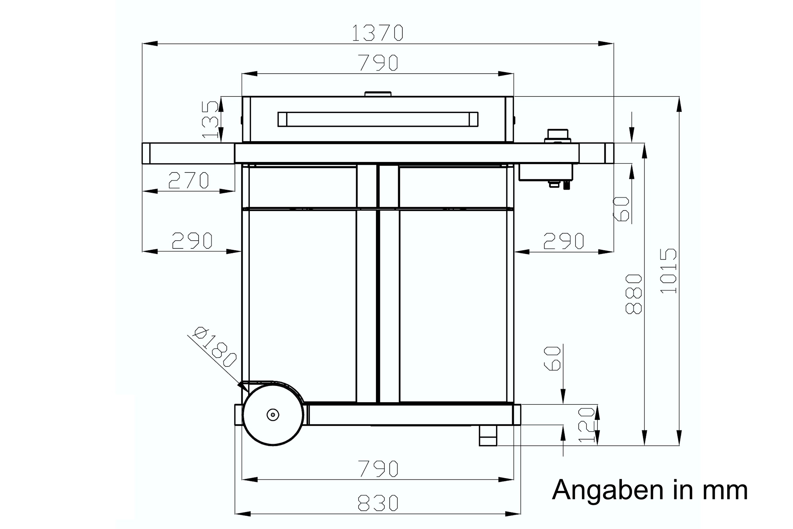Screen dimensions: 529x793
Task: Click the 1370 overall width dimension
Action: (x=377, y=33)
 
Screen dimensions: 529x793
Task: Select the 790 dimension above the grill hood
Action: (x=378, y=63)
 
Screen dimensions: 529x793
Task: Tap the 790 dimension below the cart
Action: (x=378, y=469)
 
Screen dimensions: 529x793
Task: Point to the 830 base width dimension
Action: (x=378, y=503)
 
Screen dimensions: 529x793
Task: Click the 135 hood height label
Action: (x=210, y=120)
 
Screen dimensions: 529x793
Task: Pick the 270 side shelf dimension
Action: (x=189, y=180)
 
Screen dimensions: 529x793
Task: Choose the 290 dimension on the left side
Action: (x=192, y=241)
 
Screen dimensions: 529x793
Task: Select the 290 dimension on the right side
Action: (x=564, y=241)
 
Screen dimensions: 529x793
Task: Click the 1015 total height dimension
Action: (x=668, y=271)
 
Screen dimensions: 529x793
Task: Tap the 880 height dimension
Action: (x=633, y=294)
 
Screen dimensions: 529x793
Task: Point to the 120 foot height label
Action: (x=586, y=425)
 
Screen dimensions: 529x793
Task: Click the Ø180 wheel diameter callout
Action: (x=215, y=347)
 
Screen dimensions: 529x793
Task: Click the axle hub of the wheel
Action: (x=273, y=415)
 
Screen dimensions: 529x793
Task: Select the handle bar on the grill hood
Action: (x=378, y=119)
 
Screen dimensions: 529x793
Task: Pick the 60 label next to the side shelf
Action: (x=621, y=209)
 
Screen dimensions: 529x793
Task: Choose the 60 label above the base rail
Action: (x=553, y=359)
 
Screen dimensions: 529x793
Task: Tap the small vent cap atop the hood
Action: (x=378, y=94)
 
